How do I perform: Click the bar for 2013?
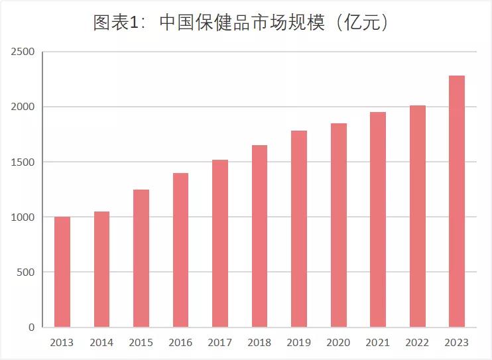pyautogui.click(x=62, y=272)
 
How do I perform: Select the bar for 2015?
pyautogui.click(x=141, y=259)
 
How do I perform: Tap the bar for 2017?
pyautogui.click(x=220, y=243)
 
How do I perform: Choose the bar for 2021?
pyautogui.click(x=378, y=219)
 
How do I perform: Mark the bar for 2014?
pyautogui.click(x=101, y=269)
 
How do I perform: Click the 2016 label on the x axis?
pyautogui.click(x=180, y=343)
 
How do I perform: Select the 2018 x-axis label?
pyautogui.click(x=259, y=343)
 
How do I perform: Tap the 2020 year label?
pyautogui.click(x=338, y=343)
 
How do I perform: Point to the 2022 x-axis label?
pyautogui.click(x=417, y=343)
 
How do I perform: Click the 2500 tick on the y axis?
pyautogui.click(x=23, y=52)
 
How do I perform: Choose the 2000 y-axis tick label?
pyautogui.click(x=23, y=107)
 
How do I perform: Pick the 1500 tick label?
pyautogui.click(x=23, y=162)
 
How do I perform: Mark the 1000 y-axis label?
pyautogui.click(x=23, y=217)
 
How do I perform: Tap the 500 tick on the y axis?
pyautogui.click(x=27, y=272)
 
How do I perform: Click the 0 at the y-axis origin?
pyautogui.click(x=32, y=327)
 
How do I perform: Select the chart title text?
pyautogui.click(x=240, y=23)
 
